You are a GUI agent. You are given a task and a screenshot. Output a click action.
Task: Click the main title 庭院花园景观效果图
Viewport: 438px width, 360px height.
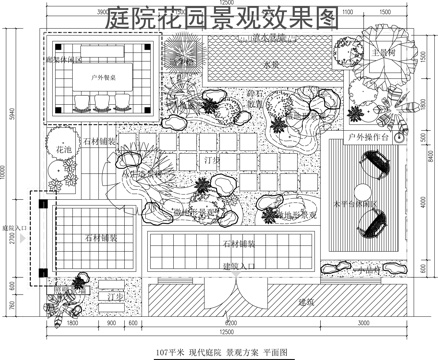(x=222, y=16)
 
